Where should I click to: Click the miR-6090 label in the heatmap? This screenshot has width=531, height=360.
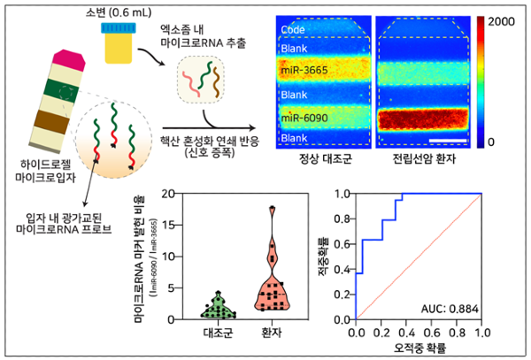point(307,117)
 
